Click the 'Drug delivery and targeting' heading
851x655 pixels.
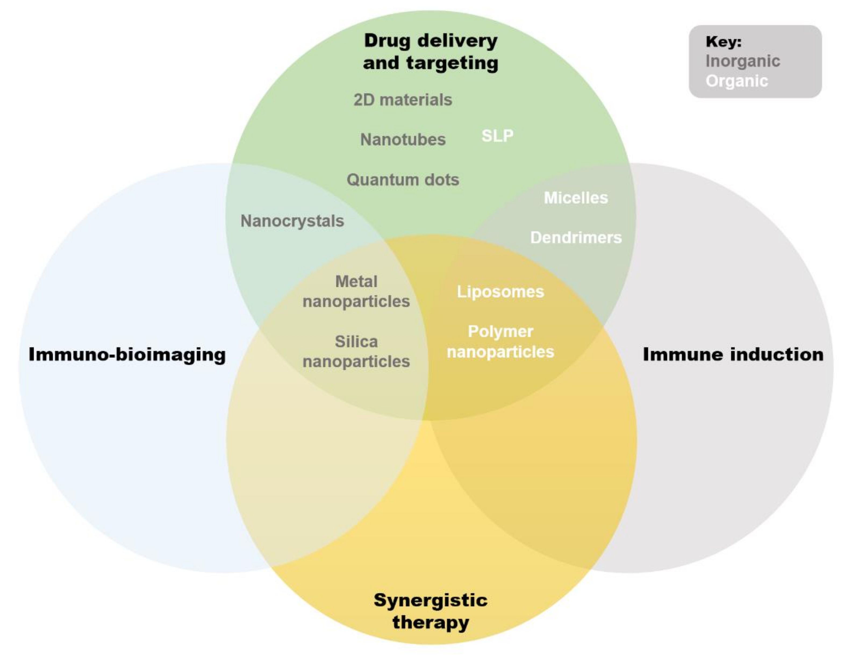[x=431, y=52]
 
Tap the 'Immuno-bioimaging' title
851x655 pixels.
[x=127, y=355]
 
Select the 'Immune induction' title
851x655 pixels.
[x=733, y=355]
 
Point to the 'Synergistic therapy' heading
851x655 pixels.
[x=431, y=611]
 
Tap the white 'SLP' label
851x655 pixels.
[x=497, y=136]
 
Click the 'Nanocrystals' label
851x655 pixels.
[x=292, y=221]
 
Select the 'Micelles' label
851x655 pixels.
[x=575, y=198]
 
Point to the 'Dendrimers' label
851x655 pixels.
[x=575, y=238]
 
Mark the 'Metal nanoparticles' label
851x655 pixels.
[x=356, y=291]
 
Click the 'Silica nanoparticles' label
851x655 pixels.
[x=356, y=352]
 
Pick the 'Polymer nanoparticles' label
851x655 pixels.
[x=500, y=342]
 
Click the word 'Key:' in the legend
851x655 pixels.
[x=724, y=42]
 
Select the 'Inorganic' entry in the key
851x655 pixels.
[x=743, y=61]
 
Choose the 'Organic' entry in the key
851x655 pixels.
[x=736, y=81]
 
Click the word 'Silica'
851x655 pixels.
[x=356, y=342]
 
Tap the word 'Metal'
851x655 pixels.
[x=356, y=282]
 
